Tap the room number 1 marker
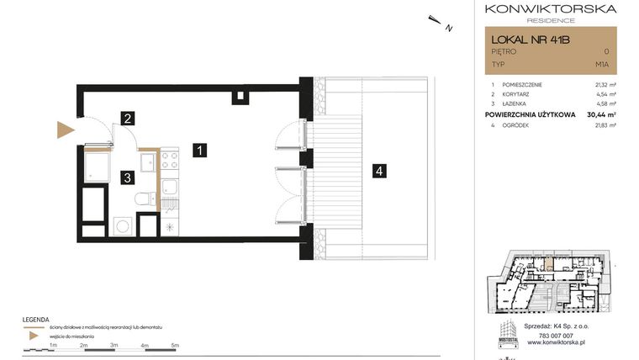pos(198,151)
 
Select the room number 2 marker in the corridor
pos(127,119)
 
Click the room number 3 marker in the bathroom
pos(126,177)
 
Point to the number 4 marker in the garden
pos(380,171)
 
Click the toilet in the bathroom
pos(145,199)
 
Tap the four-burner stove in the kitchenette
pos(169,159)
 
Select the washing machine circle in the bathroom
pos(122,225)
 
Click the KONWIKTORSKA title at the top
pos(551,8)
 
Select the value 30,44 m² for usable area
pos(601,114)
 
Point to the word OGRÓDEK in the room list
pos(518,124)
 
